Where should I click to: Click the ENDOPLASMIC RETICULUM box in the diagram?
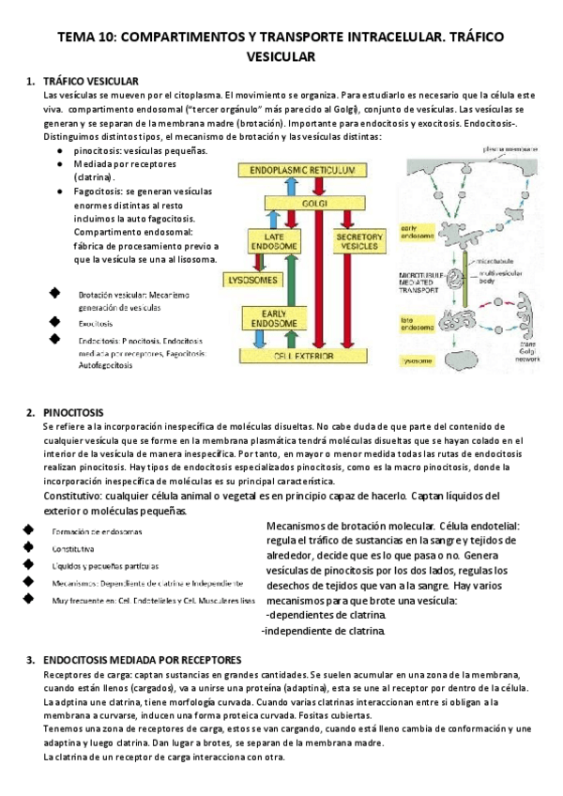coord(305,171)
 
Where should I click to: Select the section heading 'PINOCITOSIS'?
coord(74,413)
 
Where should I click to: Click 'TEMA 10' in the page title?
coord(87,37)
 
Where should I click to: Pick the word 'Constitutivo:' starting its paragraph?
coord(71,496)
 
